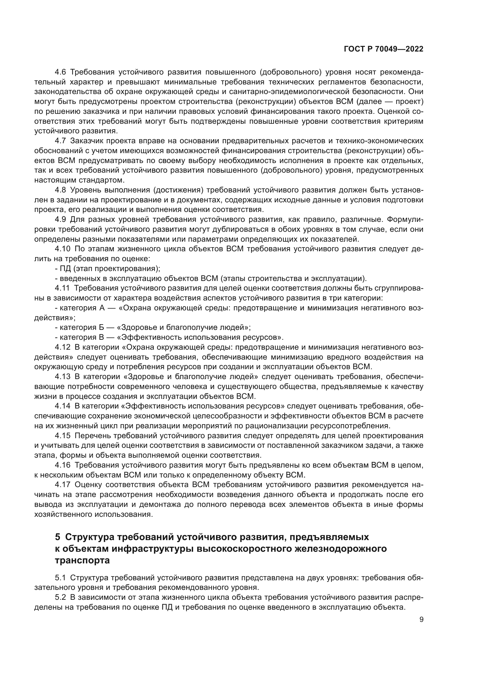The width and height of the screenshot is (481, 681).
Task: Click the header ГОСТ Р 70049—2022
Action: (x=384, y=49)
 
